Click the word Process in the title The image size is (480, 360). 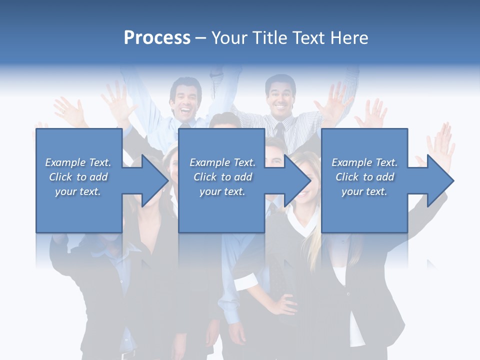(x=157, y=38)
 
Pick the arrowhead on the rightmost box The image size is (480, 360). (x=439, y=180)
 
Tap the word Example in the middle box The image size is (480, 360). (x=210, y=162)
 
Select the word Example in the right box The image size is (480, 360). (x=352, y=162)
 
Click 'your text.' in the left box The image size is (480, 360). (x=78, y=191)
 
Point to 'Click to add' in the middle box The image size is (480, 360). (x=222, y=177)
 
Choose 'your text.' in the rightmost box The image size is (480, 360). (x=364, y=191)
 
